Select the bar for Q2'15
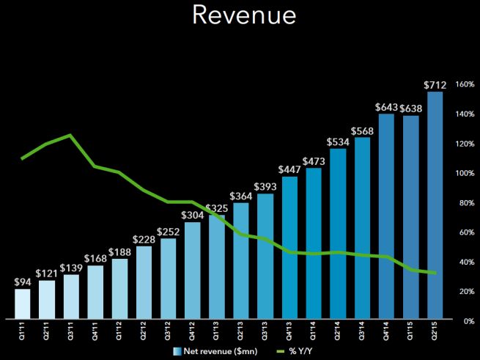435,205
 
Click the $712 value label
435,84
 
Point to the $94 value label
23,282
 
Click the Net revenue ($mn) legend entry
213,350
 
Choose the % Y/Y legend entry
292,350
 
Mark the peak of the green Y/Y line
70,135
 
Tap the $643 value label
386,107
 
